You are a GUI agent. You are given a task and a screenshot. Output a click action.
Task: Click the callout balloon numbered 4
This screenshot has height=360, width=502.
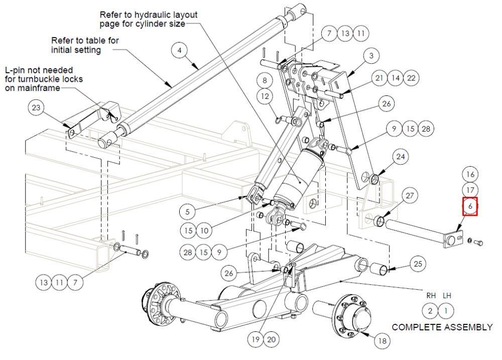coord(179,50)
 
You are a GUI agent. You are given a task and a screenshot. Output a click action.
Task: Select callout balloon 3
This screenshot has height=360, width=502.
coord(371,56)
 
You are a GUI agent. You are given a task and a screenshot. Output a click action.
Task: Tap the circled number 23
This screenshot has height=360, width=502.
coord(36,107)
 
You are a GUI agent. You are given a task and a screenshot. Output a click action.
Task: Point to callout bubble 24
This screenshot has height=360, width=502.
coord(401,157)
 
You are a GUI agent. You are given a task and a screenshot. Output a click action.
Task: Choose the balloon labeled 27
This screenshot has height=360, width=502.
coord(410,196)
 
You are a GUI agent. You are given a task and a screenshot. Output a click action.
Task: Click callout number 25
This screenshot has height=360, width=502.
coord(418,264)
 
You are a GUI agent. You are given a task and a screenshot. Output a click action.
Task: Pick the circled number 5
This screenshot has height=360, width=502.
coord(187,212)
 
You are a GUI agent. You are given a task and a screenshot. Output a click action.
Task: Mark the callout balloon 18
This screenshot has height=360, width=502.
coord(382,341)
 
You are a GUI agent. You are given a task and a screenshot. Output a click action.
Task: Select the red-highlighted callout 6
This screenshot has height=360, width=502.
coord(470,206)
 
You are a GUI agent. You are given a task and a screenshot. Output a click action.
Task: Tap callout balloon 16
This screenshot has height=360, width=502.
coord(470,174)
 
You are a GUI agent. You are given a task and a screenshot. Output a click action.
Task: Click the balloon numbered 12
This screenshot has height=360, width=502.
coord(265,96)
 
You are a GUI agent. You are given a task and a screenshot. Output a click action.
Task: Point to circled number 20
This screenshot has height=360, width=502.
coord(271,339)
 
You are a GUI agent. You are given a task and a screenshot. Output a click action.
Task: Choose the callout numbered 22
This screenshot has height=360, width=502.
coord(411,78)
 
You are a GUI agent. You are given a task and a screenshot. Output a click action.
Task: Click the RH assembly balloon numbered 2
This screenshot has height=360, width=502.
coord(430,311)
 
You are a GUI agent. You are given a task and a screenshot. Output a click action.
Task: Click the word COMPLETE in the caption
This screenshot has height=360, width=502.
coord(414,327)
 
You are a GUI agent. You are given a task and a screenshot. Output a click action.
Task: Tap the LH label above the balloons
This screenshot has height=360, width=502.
coord(447,296)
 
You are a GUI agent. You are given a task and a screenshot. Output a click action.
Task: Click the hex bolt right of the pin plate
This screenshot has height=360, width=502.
coord(478,243)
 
